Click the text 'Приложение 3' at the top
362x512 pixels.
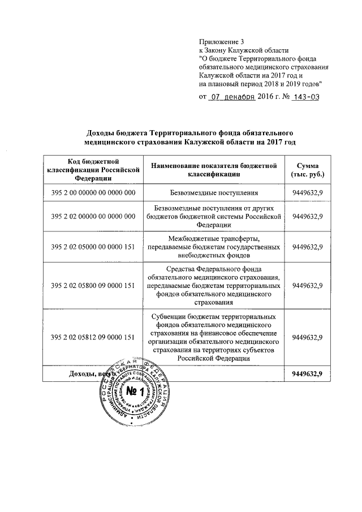click(x=221, y=42)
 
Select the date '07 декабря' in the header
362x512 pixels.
click(x=232, y=97)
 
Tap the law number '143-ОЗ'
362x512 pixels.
click(x=306, y=97)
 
